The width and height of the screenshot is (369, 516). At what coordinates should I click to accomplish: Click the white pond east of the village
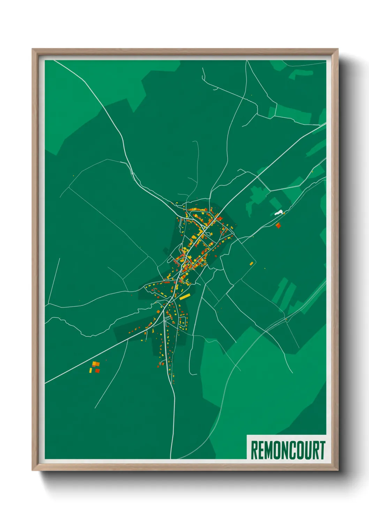coord(278,212)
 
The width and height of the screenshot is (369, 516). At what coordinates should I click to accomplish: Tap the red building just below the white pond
coord(278,226)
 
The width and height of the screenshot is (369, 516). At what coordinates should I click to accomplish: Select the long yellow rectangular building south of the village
coord(184,297)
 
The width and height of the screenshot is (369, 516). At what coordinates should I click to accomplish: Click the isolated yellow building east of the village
coord(251,263)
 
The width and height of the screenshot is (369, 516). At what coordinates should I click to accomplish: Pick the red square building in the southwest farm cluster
coord(97,371)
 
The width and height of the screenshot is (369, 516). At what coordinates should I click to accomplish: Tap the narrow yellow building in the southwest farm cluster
coord(91,370)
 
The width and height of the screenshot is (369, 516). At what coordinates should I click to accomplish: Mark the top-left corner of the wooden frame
coord(32,49)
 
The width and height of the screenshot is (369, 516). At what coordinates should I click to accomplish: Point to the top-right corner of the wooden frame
coord(338,49)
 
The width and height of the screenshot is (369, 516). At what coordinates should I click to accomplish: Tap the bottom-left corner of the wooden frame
coord(32,470)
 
